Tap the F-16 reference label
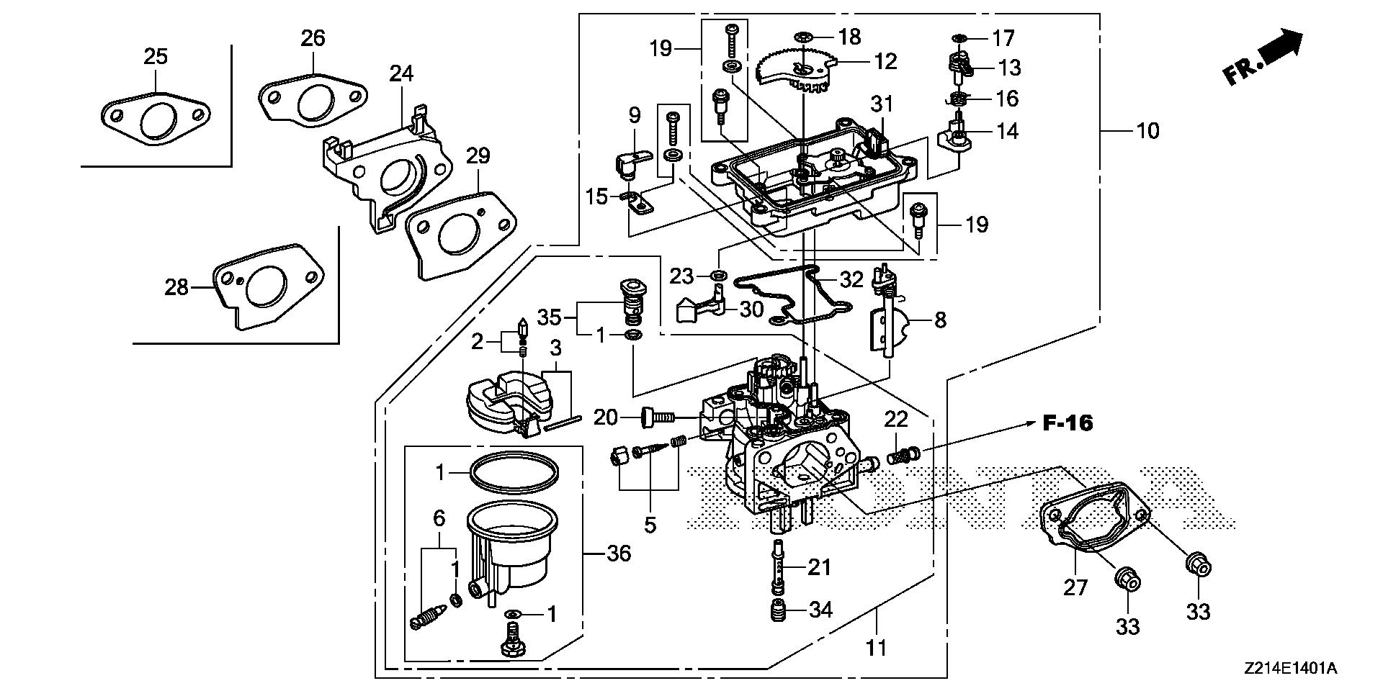pos(1068,423)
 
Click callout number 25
pos(156,56)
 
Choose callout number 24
pos(402,73)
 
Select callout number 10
pos(1147,131)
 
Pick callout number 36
pos(619,554)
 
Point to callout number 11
pos(876,648)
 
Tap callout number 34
pos(820,611)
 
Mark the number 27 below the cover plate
pos(1075,588)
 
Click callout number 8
pos(940,320)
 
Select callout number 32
pos(851,280)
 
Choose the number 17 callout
pos(1003,37)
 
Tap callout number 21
pos(819,568)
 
